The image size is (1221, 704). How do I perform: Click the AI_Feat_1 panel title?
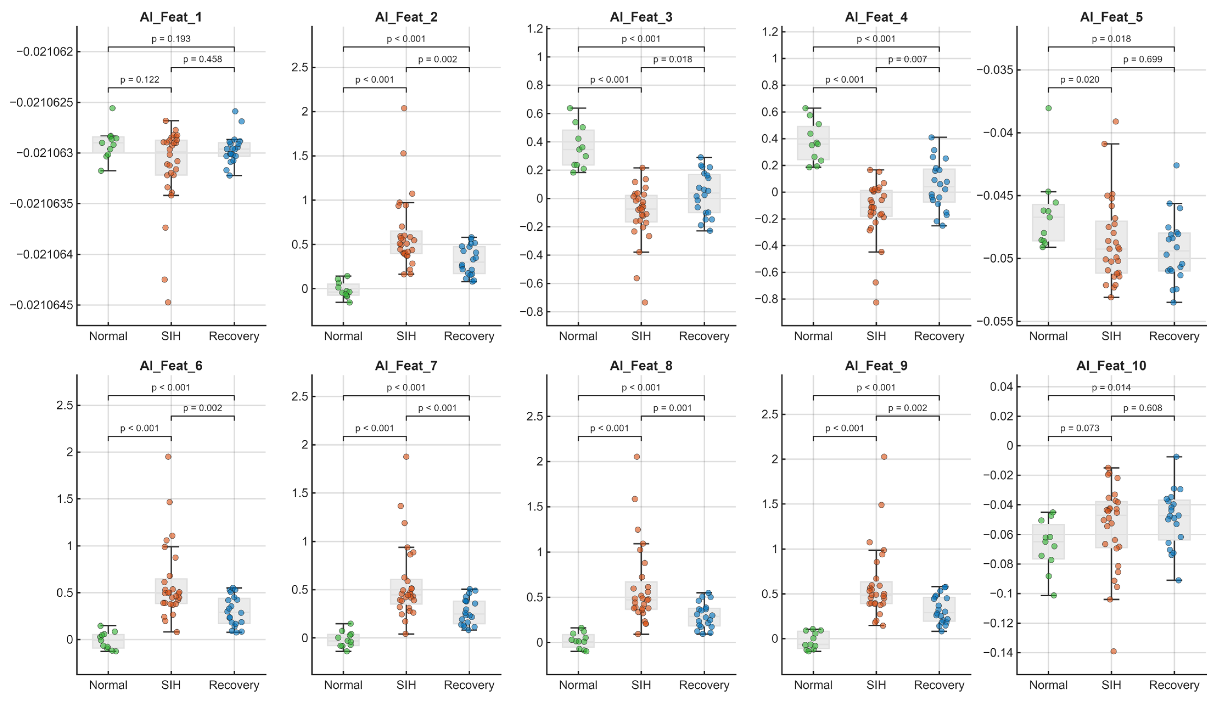coord(171,17)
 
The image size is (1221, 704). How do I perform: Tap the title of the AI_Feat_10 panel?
coord(1111,366)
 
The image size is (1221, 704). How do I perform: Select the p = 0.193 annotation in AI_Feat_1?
coord(171,39)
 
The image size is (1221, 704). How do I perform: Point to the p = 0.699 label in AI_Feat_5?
coord(1142,59)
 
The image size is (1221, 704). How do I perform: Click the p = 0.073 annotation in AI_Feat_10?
coord(1080,428)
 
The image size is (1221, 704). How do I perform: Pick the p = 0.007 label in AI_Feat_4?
coord(908,59)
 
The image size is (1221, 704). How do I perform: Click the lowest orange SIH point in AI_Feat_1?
coord(168,302)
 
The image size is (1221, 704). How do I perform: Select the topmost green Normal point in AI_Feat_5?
coord(1048,108)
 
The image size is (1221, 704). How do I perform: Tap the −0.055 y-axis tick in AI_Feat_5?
coord(995,321)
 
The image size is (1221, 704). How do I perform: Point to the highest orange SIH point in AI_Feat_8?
coord(637,456)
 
